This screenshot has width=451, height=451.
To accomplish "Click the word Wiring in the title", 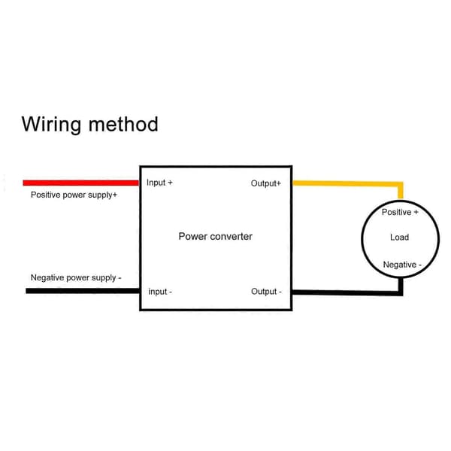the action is click(x=51, y=124).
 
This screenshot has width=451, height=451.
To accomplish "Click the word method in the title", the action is click(x=123, y=124).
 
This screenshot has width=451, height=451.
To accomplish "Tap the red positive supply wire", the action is click(x=81, y=183).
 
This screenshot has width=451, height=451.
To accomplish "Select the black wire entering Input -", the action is click(x=83, y=291).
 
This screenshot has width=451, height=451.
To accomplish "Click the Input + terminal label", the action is click(x=159, y=183).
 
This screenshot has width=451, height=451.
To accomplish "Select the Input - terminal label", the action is click(x=160, y=292).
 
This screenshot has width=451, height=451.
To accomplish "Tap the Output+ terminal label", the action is click(x=266, y=183).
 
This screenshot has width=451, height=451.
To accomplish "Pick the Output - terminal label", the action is click(x=266, y=292).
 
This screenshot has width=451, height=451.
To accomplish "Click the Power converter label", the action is click(x=216, y=237).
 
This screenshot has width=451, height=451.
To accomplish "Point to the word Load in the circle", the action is click(x=400, y=238).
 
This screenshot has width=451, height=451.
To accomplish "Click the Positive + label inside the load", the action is click(x=400, y=212).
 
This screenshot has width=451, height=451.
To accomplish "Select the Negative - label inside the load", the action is click(x=402, y=265).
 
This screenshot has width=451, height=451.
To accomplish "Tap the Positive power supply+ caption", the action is click(x=74, y=195).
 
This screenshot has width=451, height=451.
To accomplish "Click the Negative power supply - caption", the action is click(x=76, y=278).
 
